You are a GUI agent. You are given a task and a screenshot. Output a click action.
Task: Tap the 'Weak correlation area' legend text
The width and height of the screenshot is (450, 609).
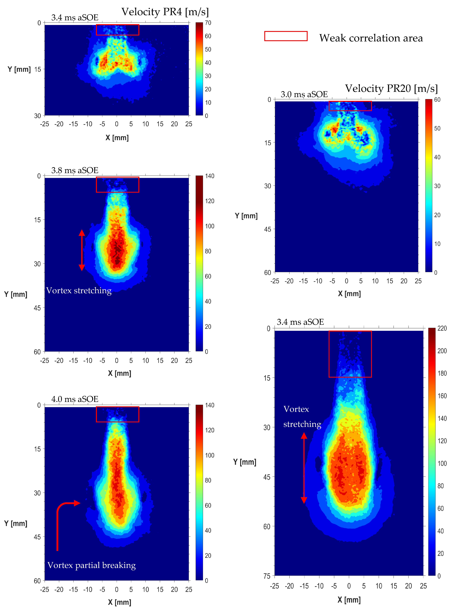(x=371, y=38)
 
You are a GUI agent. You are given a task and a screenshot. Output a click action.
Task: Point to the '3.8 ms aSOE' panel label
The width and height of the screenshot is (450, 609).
(x=75, y=170)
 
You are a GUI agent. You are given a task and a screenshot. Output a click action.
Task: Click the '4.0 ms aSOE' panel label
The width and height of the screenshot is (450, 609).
(x=75, y=399)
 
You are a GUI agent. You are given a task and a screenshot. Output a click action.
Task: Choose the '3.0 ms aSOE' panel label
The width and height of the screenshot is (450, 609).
(x=304, y=94)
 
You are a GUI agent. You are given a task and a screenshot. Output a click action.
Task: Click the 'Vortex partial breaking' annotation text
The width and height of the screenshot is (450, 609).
(x=92, y=565)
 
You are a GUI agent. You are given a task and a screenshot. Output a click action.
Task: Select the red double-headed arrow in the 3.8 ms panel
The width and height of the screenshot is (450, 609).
(x=82, y=250)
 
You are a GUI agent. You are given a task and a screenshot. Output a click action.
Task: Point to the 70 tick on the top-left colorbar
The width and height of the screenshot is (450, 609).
(x=208, y=23)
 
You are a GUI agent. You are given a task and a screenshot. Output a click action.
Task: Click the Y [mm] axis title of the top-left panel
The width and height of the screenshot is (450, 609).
(x=19, y=69)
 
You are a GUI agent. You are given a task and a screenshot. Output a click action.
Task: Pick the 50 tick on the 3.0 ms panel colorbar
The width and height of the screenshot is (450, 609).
(x=437, y=128)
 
